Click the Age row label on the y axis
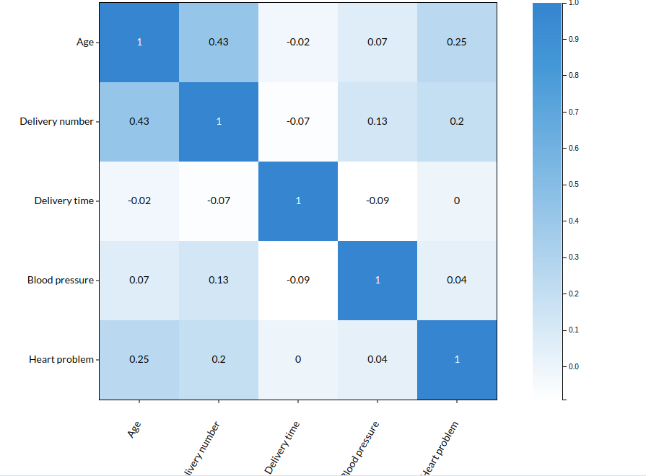(x=85, y=43)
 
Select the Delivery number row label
(x=57, y=122)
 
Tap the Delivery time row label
(x=64, y=201)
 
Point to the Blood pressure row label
(x=61, y=280)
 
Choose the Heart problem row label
(x=61, y=359)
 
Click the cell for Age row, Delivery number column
(x=219, y=43)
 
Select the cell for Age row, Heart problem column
(x=457, y=43)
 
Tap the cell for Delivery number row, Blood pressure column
(x=377, y=122)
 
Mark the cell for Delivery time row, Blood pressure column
(x=377, y=200)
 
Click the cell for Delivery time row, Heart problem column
(x=457, y=200)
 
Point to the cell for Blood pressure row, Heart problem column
(x=457, y=280)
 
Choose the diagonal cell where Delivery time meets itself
(x=298, y=200)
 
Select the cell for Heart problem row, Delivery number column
(x=219, y=359)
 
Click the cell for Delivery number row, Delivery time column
(x=298, y=122)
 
